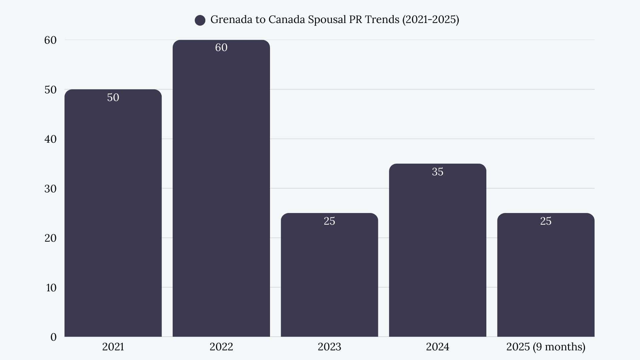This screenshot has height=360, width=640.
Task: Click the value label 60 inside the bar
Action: pyautogui.click(x=221, y=48)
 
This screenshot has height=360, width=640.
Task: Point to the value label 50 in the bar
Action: pyautogui.click(x=113, y=97)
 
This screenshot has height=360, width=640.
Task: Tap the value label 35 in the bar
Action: pyautogui.click(x=437, y=172)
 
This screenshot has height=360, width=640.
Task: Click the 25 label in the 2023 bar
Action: pyautogui.click(x=329, y=221)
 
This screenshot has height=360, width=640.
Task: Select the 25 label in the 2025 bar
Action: pyautogui.click(x=546, y=221)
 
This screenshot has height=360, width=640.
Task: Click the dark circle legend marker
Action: pyautogui.click(x=200, y=20)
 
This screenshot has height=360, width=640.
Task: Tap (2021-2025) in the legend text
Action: pyautogui.click(x=431, y=20)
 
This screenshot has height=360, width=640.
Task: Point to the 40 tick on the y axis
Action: pyautogui.click(x=50, y=139)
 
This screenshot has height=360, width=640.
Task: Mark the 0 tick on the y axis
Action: pyautogui.click(x=53, y=337)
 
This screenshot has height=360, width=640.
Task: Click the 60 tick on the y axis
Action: pyautogui.click(x=50, y=40)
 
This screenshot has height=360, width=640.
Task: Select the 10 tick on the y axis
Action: pyautogui.click(x=51, y=288)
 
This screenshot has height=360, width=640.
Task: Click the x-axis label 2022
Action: pyautogui.click(x=221, y=347)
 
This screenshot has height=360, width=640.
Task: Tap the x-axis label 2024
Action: pyautogui.click(x=437, y=347)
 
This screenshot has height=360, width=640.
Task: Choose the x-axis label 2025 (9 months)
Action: pyautogui.click(x=546, y=347)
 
